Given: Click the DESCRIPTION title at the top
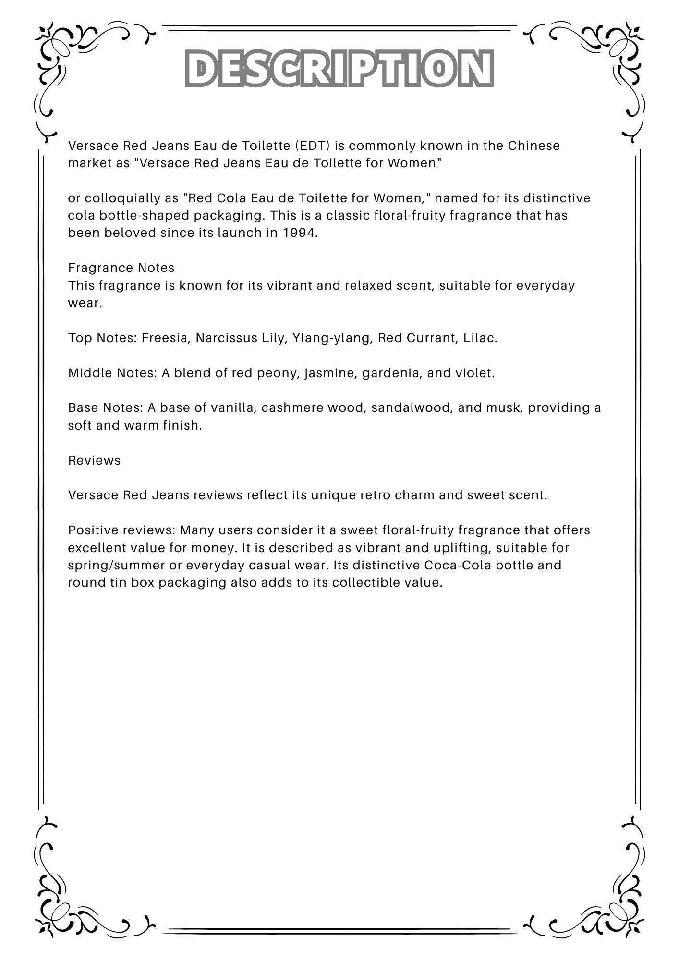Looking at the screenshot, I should (339, 68).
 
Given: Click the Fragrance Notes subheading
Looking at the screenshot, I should (121, 268).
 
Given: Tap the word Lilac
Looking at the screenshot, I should (480, 338).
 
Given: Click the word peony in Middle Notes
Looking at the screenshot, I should (278, 373).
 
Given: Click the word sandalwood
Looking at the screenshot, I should (412, 407).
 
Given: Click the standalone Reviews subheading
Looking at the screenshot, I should (94, 460).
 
